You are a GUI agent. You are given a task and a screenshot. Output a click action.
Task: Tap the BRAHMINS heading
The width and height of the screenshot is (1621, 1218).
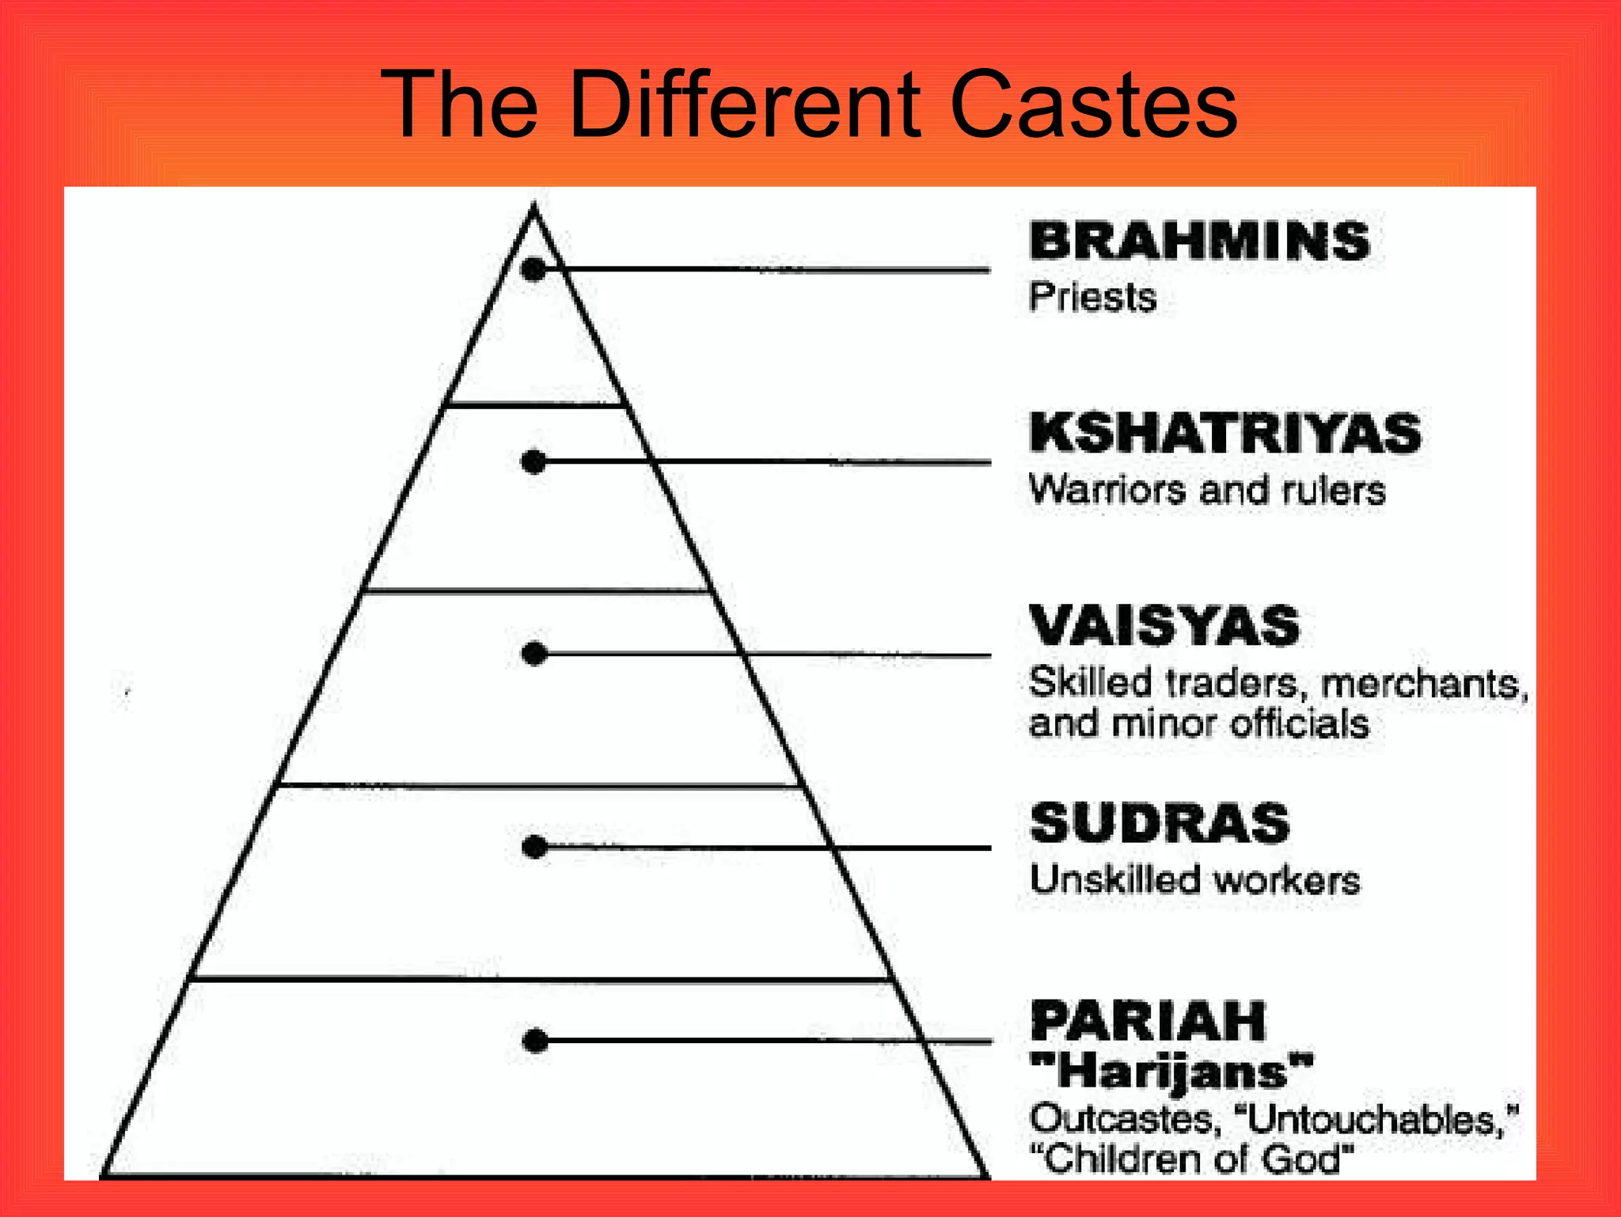(1199, 241)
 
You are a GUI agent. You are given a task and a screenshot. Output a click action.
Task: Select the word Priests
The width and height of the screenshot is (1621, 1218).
(1092, 298)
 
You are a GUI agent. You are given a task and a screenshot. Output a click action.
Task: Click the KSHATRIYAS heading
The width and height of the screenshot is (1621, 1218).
(1225, 433)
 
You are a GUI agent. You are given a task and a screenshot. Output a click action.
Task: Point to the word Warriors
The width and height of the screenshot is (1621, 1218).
(1108, 490)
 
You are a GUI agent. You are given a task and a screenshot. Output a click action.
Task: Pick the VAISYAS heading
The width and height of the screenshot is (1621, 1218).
(1164, 626)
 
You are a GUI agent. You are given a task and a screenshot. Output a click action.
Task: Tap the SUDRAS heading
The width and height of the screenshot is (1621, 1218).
(1160, 823)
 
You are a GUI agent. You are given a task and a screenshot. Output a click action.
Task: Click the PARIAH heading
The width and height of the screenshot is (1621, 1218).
(1148, 1021)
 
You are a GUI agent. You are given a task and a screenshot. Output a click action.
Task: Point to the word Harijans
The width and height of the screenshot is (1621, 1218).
(1172, 1073)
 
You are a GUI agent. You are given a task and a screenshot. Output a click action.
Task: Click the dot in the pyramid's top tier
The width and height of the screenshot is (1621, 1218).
(534, 270)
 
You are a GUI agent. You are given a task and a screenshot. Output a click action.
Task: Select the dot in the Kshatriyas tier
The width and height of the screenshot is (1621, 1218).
(534, 461)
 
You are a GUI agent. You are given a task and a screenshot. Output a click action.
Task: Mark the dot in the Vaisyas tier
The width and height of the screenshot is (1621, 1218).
(535, 654)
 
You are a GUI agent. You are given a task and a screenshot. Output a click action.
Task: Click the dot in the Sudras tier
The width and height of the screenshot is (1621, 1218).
(535, 847)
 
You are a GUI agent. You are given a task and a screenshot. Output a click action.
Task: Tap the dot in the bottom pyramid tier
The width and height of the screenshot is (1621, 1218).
(536, 1041)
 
